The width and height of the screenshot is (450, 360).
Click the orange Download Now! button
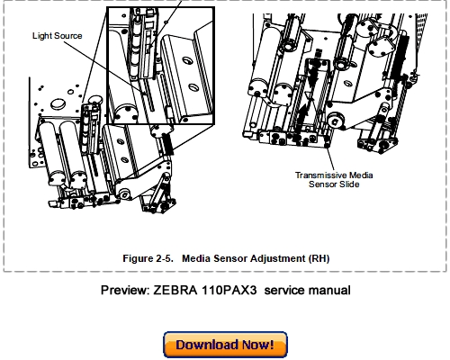click(x=224, y=344)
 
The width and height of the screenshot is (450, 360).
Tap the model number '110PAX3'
click(x=245, y=291)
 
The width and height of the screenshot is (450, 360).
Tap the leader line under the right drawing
click(x=318, y=158)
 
